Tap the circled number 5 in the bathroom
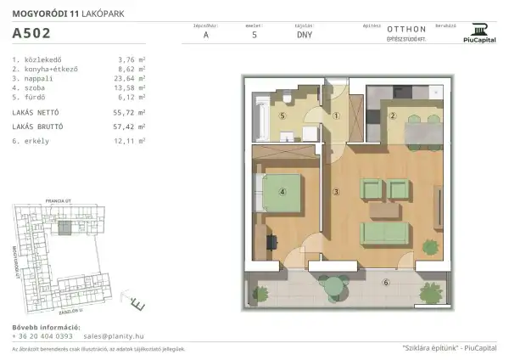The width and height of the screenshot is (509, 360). point(283,115)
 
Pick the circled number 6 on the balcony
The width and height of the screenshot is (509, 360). point(385,282)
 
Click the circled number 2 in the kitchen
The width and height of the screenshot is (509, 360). point(392,115)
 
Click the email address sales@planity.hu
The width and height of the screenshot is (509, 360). point(119,336)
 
